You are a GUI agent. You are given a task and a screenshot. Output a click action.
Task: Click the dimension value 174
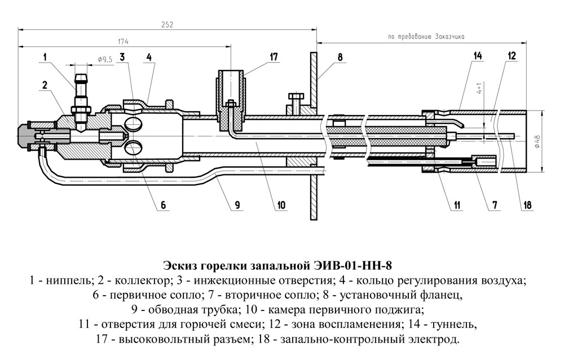pyautogui.click(x=122, y=41)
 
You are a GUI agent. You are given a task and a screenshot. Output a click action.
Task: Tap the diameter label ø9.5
pyautogui.click(x=105, y=59)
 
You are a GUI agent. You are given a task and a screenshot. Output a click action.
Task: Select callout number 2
pyautogui.click(x=44, y=85)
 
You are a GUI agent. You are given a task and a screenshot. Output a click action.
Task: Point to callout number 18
pyautogui.click(x=527, y=205)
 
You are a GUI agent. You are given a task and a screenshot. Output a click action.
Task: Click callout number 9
pyautogui.click(x=237, y=205)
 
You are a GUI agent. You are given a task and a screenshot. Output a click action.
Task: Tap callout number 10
pyautogui.click(x=281, y=205)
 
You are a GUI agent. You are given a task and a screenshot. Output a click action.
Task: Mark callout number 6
pyautogui.click(x=163, y=205)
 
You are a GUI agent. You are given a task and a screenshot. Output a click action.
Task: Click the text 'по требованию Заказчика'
pyautogui.click(x=426, y=37)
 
